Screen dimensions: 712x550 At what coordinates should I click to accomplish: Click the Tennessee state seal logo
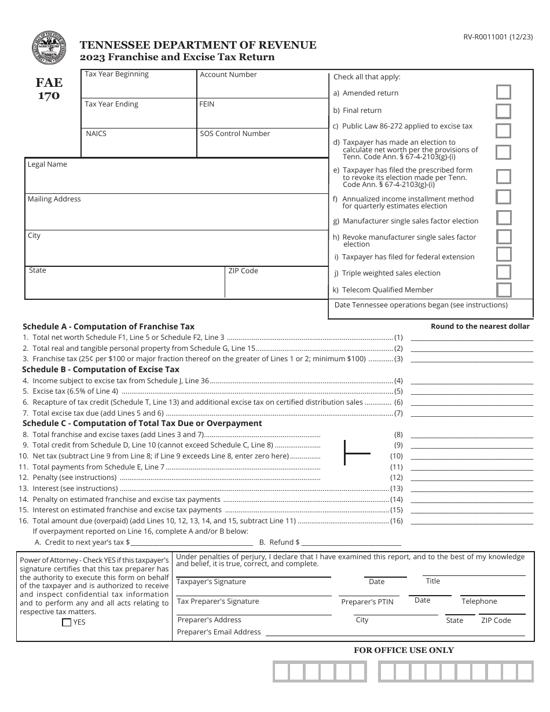click(x=49, y=50)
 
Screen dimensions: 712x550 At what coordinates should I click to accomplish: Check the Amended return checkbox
click(x=504, y=93)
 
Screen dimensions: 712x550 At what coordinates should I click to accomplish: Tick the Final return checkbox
click(x=504, y=111)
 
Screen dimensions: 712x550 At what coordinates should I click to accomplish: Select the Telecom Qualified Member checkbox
click(x=504, y=290)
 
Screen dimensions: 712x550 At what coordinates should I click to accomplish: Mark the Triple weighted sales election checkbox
click(x=504, y=273)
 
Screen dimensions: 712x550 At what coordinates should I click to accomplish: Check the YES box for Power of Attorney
click(x=67, y=623)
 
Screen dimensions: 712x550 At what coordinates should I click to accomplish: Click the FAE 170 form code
click(x=49, y=89)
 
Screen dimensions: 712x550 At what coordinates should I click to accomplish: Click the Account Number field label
click(x=228, y=75)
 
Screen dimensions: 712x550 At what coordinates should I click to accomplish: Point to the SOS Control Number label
click(x=234, y=134)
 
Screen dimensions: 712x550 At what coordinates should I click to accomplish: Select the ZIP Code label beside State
click(x=243, y=271)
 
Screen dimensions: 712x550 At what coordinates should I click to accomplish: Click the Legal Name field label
click(x=47, y=164)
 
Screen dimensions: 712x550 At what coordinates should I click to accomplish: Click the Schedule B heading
click(x=101, y=369)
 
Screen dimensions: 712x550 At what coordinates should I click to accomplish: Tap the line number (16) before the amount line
click(x=396, y=521)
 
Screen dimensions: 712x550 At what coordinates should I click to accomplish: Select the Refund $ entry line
click(x=351, y=542)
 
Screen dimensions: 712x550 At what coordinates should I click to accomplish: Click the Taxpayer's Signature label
click(x=211, y=582)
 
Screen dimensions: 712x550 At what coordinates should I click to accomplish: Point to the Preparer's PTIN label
click(x=367, y=602)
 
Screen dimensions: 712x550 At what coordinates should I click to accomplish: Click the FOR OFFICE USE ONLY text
click(x=404, y=650)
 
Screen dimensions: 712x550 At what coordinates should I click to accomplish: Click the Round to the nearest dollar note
click(x=480, y=326)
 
